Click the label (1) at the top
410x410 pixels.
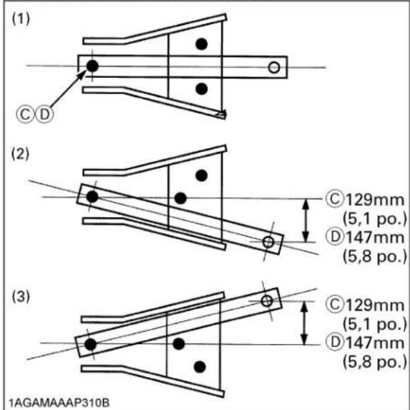click(21, 19)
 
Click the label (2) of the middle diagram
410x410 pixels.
click(20, 154)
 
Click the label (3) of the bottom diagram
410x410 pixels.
click(21, 297)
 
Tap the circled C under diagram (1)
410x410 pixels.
click(25, 115)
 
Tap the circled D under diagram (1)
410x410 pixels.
click(44, 115)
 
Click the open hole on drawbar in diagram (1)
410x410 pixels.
click(274, 68)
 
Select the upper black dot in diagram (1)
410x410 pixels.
click(202, 44)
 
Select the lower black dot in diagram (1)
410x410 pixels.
click(202, 89)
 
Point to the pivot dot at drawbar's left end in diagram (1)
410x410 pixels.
click(92, 66)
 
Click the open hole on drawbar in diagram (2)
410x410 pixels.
click(268, 242)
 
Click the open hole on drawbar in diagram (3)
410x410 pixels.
click(267, 301)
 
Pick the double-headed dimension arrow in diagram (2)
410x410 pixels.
click(305, 220)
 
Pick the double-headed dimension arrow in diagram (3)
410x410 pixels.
click(304, 323)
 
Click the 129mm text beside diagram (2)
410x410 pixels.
click(375, 200)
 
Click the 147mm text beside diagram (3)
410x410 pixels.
click(375, 343)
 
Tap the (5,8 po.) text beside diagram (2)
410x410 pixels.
click(375, 257)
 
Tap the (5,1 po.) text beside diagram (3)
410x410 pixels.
click(375, 324)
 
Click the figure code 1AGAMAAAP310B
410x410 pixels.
click(59, 403)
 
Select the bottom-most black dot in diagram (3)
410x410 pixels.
click(200, 367)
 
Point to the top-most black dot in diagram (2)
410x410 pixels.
click(202, 176)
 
